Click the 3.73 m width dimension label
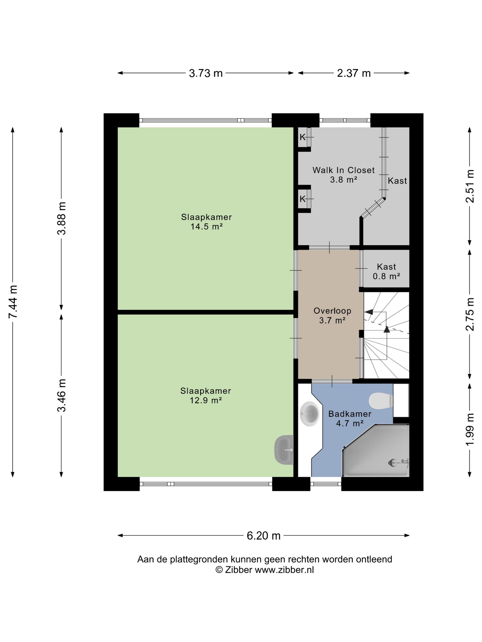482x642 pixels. (x=206, y=73)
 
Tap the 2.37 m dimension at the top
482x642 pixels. (x=354, y=73)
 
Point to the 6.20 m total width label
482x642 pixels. (x=263, y=535)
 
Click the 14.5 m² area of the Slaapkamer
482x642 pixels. (x=207, y=226)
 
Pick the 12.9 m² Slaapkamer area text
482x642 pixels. (x=206, y=400)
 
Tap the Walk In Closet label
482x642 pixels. (x=343, y=170)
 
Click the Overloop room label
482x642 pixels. (x=332, y=311)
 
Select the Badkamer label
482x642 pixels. (x=350, y=414)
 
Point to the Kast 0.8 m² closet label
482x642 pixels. (x=387, y=271)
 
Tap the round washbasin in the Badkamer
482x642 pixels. (x=310, y=414)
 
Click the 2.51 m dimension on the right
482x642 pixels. (x=470, y=186)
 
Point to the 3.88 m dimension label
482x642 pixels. (x=62, y=218)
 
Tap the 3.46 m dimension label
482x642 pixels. (x=62, y=395)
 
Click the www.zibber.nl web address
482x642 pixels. (x=284, y=570)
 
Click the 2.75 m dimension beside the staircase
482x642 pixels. (x=470, y=314)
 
